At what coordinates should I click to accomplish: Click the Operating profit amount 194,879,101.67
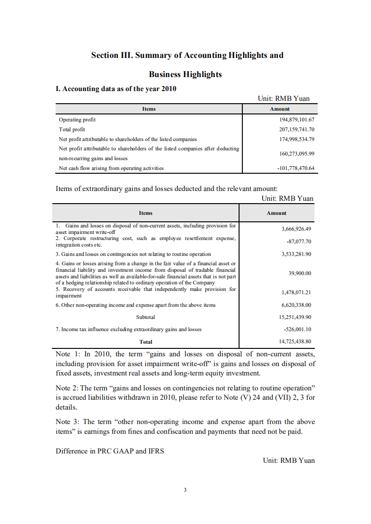point(297,120)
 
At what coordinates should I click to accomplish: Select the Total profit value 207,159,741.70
point(297,129)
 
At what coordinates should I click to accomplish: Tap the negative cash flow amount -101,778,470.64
point(295,168)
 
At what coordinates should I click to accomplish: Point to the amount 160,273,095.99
point(297,153)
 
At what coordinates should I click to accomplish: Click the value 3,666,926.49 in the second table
point(296,229)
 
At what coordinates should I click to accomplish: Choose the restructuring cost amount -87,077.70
point(298,241)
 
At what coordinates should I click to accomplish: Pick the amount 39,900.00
point(300,273)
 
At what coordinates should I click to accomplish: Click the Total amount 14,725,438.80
point(295,341)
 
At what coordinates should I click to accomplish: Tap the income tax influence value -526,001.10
point(298,329)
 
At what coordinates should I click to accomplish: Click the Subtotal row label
point(145,317)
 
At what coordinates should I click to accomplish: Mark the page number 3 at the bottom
point(185,490)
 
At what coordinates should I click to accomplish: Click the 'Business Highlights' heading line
point(185,74)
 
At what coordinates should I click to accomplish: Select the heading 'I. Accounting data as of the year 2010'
point(116,89)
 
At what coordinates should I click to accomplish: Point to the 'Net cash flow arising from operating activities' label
point(111,168)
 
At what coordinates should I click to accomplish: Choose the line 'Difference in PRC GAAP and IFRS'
point(110,451)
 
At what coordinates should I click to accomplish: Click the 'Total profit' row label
point(72,129)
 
